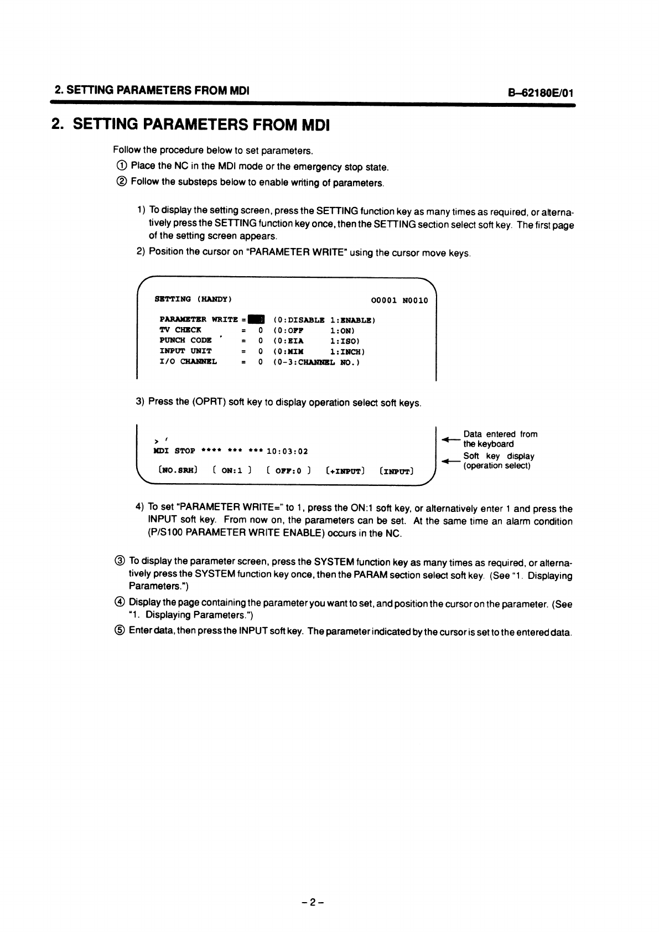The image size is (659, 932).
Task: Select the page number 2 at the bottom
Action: pyautogui.click(x=312, y=902)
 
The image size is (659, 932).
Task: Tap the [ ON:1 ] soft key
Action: pyautogui.click(x=232, y=470)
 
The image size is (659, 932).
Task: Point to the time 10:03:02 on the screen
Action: pyautogui.click(x=287, y=451)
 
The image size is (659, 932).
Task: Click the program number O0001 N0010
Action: pyautogui.click(x=399, y=300)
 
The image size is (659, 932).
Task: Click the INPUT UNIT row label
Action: pyautogui.click(x=185, y=351)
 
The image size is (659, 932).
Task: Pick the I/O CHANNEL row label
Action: pyautogui.click(x=188, y=362)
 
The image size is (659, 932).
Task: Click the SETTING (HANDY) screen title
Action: pyautogui.click(x=193, y=299)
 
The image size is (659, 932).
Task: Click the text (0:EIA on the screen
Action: pyautogui.click(x=288, y=340)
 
